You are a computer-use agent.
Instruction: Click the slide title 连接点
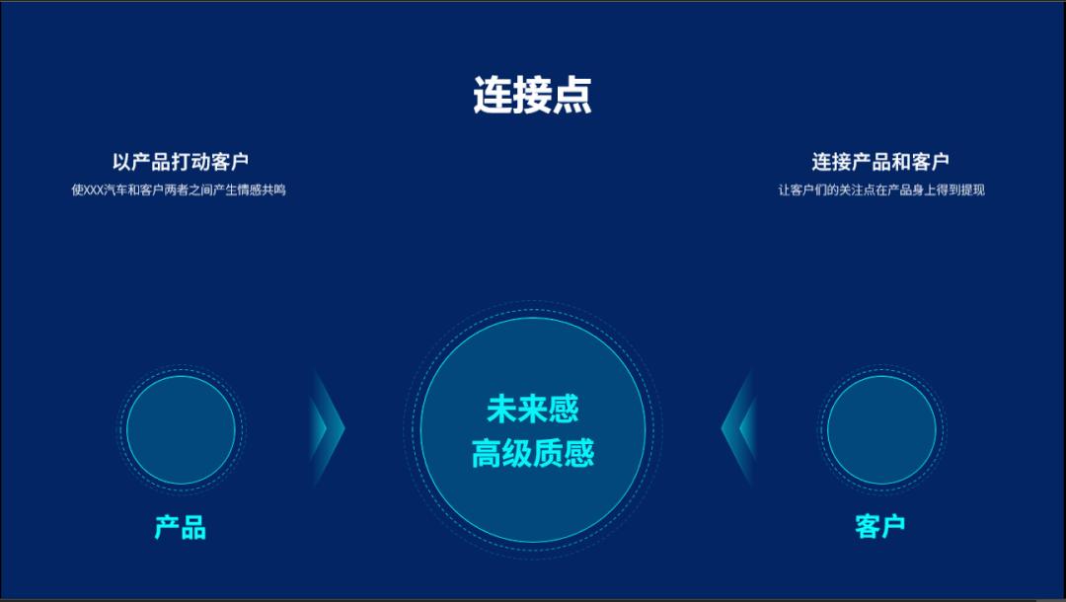(532, 96)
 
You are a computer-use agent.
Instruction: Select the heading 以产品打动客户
(180, 162)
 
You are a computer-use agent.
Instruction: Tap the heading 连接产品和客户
(880, 162)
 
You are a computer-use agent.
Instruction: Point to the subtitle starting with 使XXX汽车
(179, 189)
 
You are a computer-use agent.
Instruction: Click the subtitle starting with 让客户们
(880, 189)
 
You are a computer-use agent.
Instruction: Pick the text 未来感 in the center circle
(532, 409)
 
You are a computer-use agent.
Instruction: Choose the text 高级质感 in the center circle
(532, 454)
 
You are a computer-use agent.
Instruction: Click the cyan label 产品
(181, 527)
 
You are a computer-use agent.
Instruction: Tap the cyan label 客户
(880, 526)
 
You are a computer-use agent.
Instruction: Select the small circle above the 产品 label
(181, 429)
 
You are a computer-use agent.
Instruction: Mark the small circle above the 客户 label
(880, 429)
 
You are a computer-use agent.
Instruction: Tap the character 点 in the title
(572, 96)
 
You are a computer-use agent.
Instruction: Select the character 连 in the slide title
(493, 96)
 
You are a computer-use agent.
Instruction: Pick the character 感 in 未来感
(564, 409)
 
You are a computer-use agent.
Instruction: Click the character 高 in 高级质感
(486, 454)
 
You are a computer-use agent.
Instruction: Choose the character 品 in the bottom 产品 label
(193, 527)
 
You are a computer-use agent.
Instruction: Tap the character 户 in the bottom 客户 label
(893, 526)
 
